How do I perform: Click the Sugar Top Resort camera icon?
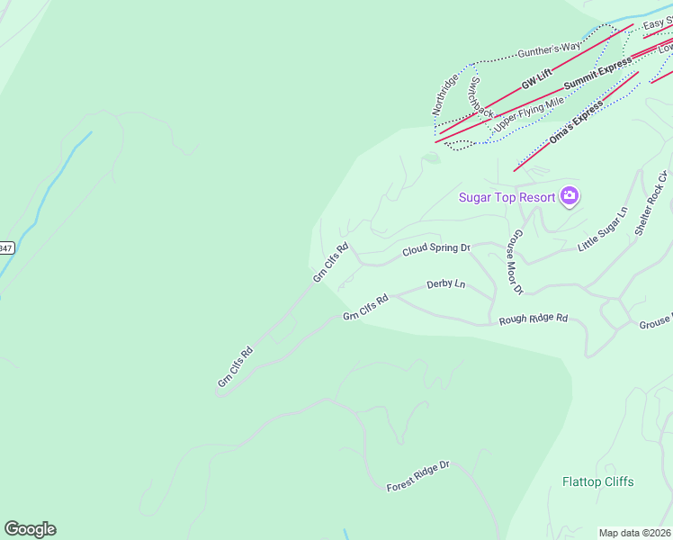pyautogui.click(x=569, y=195)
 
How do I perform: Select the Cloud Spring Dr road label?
pyautogui.click(x=436, y=248)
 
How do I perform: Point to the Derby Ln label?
pyautogui.click(x=446, y=284)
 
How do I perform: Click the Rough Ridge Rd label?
pyautogui.click(x=534, y=319)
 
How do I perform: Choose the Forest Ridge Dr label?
pyautogui.click(x=417, y=476)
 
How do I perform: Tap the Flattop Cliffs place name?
pyautogui.click(x=597, y=481)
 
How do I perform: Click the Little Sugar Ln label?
pyautogui.click(x=602, y=229)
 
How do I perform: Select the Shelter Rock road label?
pyautogui.click(x=651, y=202)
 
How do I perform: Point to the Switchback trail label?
pyautogui.click(x=480, y=96)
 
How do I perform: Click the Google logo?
pyautogui.click(x=30, y=529)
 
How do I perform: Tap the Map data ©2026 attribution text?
pyautogui.click(x=635, y=533)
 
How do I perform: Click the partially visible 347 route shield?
pyautogui.click(x=5, y=247)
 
